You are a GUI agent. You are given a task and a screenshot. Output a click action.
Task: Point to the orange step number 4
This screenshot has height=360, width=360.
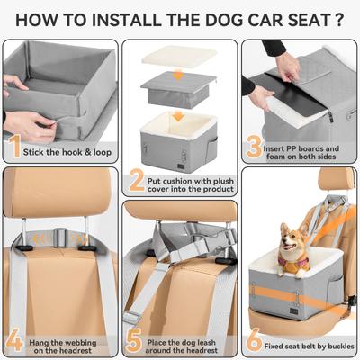15,339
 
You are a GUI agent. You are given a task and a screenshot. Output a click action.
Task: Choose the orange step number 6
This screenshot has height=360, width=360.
255,339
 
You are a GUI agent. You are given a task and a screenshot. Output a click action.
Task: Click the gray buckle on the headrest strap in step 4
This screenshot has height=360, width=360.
58,239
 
